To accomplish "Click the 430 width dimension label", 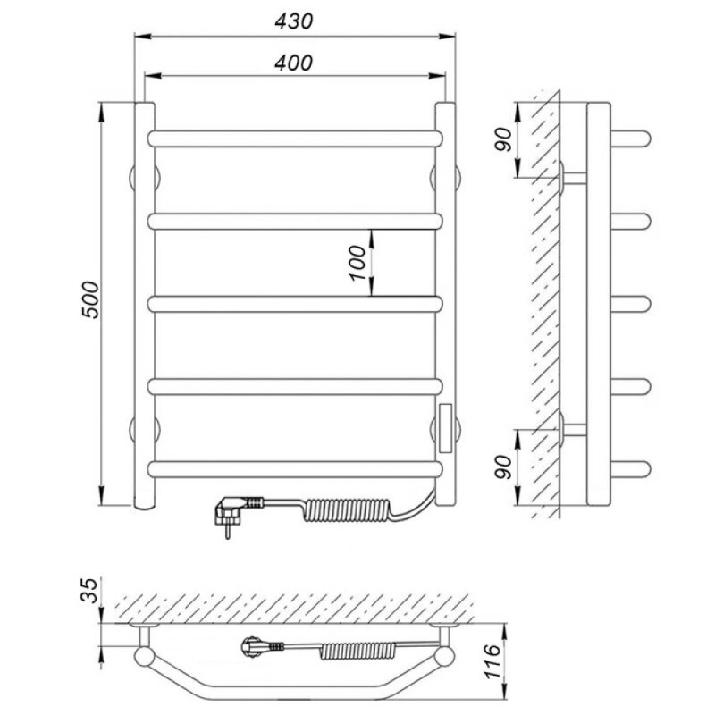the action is point(294,21).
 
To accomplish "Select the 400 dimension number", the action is point(294,63).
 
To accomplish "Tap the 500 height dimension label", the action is point(90,300).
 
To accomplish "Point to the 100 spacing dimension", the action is point(358,263).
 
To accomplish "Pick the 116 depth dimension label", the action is point(493,661).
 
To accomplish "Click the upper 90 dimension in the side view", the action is point(503,139).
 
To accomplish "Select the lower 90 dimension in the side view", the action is point(503,467).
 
